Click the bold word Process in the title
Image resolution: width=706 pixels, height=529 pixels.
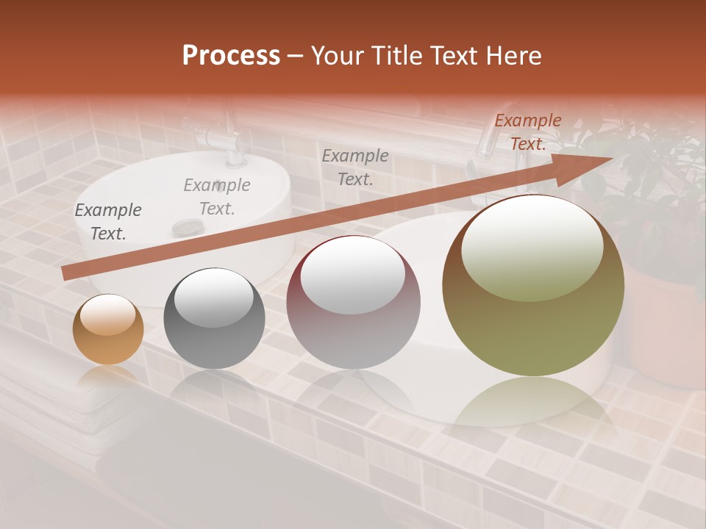click(x=231, y=55)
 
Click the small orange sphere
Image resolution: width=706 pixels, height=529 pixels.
click(x=108, y=330)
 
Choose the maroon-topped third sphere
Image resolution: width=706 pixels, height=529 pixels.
click(x=353, y=302)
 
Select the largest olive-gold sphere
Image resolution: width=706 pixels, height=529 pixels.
click(x=533, y=286)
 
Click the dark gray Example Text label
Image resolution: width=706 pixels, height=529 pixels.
click(x=108, y=222)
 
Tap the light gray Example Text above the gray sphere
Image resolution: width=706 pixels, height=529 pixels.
click(x=217, y=197)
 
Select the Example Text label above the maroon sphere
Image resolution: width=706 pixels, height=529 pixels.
click(x=355, y=167)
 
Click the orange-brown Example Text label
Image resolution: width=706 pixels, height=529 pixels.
click(x=528, y=132)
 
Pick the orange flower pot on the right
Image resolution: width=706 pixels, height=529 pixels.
click(x=666, y=331)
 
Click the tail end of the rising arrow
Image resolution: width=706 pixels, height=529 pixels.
click(x=66, y=273)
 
